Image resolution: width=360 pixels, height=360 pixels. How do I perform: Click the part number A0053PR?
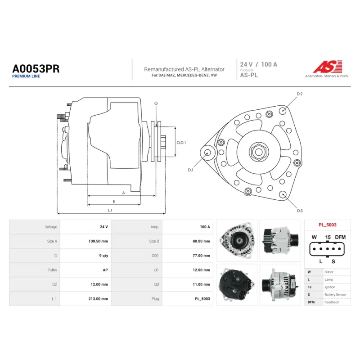pos(36,69)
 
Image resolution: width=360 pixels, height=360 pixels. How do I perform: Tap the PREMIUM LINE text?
pos(26,76)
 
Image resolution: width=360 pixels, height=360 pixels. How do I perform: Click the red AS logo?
pos(328,67)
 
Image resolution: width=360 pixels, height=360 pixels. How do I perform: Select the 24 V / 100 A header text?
pos(258,64)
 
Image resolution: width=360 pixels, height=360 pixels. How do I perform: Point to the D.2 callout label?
pos(300,94)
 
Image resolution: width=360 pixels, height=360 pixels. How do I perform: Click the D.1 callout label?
pos(190,170)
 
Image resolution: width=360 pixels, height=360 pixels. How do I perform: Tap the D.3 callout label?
pos(300,211)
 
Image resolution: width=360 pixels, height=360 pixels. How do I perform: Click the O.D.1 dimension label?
pos(181,143)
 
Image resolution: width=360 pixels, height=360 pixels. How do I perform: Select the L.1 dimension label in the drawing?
pos(110,210)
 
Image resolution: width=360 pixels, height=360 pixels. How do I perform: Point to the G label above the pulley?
pos(156,103)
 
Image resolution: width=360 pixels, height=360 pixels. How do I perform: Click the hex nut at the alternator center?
pos(259,152)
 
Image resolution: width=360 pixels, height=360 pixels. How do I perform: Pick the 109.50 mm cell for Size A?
pos(98,241)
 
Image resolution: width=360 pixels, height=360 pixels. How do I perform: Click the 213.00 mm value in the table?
pos(98,299)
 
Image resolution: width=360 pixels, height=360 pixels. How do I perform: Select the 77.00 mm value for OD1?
pos(201,256)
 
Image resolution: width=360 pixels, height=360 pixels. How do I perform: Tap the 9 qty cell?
pos(103,256)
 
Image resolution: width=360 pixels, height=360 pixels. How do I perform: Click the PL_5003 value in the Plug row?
pos(202,299)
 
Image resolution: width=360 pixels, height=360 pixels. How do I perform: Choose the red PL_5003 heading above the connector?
pos(328,225)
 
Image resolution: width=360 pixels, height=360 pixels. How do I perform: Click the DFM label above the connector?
pos(340,237)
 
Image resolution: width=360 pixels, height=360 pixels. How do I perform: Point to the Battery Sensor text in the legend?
pos(335,295)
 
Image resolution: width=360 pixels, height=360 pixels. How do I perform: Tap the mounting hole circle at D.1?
pos(207,153)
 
